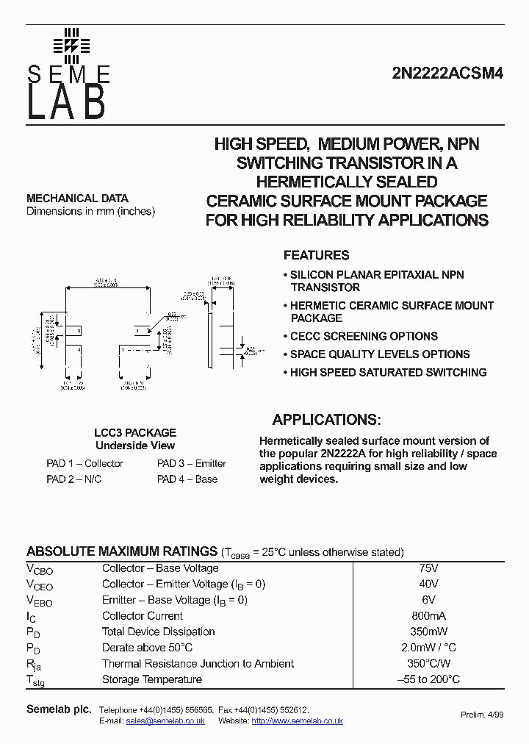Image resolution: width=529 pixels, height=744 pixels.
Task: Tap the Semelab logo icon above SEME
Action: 71,45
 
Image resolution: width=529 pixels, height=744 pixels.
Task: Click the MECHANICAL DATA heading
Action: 77,198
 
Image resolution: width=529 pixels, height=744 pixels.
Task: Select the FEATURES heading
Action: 316,256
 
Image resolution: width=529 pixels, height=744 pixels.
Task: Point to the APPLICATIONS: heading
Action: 326,421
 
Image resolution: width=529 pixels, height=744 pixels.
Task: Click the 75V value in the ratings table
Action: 428,568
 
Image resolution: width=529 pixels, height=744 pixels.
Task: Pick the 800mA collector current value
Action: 428,616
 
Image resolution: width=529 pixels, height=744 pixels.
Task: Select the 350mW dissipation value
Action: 428,632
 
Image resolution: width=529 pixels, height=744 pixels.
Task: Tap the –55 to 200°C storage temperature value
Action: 428,679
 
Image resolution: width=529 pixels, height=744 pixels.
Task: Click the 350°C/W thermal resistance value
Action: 428,664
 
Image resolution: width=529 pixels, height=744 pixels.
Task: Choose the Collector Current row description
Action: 143,616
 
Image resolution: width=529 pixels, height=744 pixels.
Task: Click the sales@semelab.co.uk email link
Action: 165,721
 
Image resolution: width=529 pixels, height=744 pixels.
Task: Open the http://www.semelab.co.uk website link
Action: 297,721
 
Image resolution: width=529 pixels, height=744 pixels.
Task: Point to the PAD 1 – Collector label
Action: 84,464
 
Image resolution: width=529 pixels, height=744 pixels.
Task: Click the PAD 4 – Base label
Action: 187,479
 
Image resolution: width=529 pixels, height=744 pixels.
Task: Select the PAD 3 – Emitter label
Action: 192,464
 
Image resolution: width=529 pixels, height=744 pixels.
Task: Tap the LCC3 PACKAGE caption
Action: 135,433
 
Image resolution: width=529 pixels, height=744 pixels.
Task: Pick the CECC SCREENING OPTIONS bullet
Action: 363,337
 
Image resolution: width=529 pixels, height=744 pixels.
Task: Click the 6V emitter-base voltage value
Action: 428,600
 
